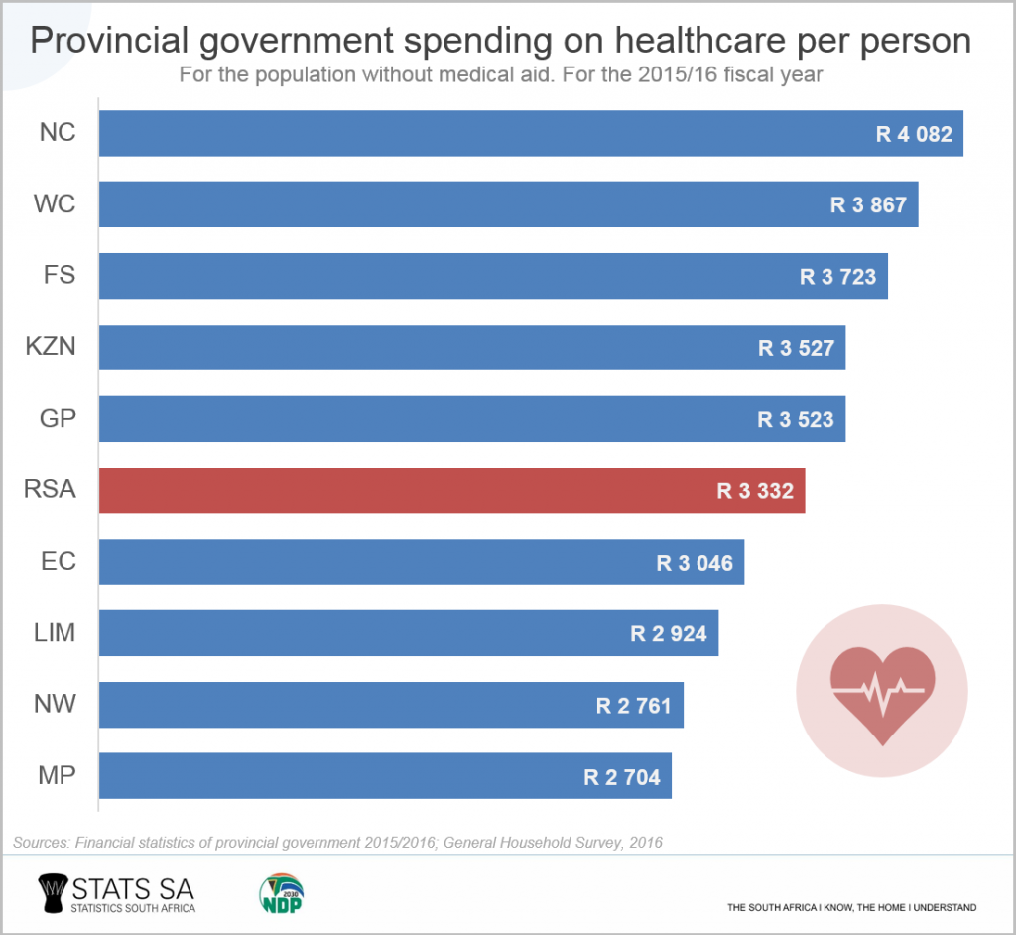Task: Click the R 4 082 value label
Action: click(x=913, y=134)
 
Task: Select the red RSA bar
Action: click(x=451, y=490)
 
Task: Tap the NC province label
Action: click(x=58, y=133)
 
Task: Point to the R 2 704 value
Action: click(x=622, y=777)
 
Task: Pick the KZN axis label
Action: click(x=52, y=347)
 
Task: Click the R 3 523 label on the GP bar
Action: click(x=796, y=420)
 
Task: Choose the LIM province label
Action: click(x=54, y=632)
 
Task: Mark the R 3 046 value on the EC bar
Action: click(x=695, y=563)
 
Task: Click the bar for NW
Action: click(x=391, y=705)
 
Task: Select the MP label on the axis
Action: click(x=57, y=775)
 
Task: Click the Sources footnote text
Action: click(x=337, y=842)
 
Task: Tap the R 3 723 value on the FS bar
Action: click(x=837, y=277)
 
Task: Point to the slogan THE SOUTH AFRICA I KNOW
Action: click(x=852, y=907)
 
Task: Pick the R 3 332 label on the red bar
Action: click(x=755, y=490)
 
